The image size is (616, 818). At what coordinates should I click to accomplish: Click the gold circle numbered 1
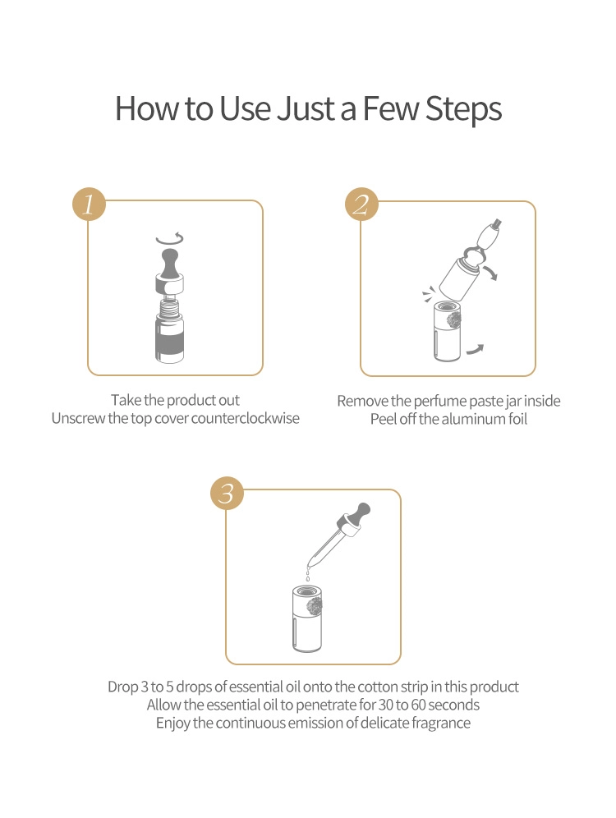click(89, 204)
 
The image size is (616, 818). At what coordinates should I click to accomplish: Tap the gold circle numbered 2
click(361, 204)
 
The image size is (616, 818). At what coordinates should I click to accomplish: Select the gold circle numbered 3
click(227, 493)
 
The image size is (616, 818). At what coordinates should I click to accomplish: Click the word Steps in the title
click(464, 109)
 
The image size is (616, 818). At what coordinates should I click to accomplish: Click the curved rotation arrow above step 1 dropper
click(170, 240)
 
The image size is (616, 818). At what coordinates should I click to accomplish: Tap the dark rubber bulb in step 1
click(169, 263)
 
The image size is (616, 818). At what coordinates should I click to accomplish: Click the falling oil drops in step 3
click(308, 572)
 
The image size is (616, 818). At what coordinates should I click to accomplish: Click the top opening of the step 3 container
click(306, 591)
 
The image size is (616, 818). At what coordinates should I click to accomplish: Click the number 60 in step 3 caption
click(419, 705)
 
